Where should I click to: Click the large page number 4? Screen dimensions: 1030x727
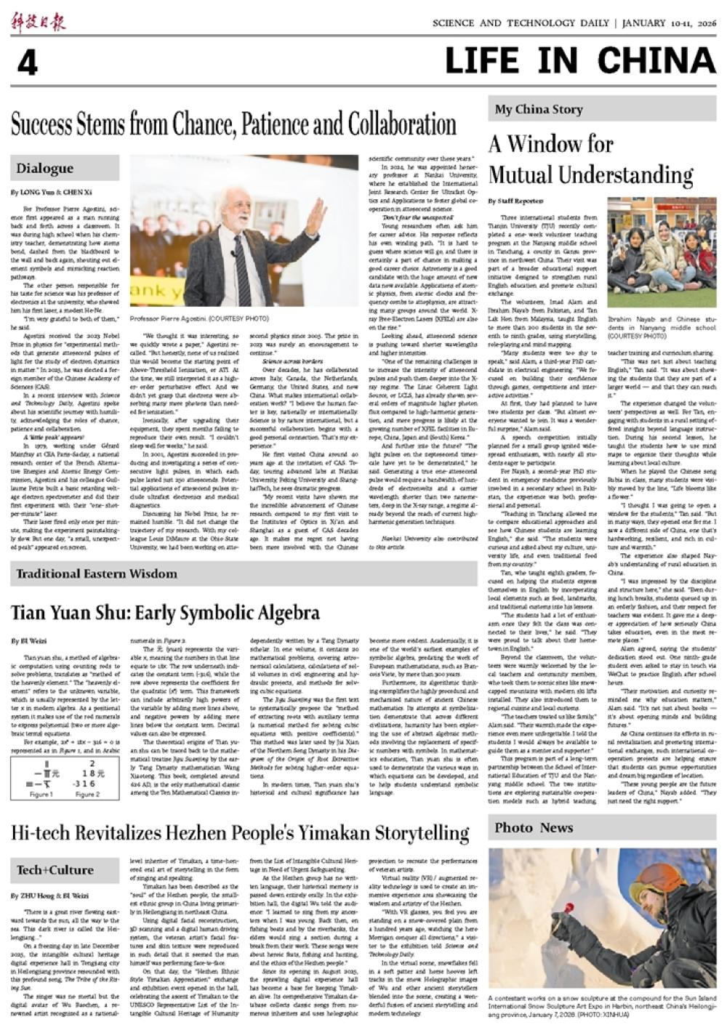[27, 64]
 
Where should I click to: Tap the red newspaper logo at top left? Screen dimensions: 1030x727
[38, 22]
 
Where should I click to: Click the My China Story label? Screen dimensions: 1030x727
[539, 109]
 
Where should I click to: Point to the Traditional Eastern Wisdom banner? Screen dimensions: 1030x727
[97, 574]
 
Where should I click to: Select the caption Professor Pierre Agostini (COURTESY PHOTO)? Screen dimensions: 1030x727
[199, 318]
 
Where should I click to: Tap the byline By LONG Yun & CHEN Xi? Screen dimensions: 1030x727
[51, 193]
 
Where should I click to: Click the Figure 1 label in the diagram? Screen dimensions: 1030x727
[41, 794]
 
